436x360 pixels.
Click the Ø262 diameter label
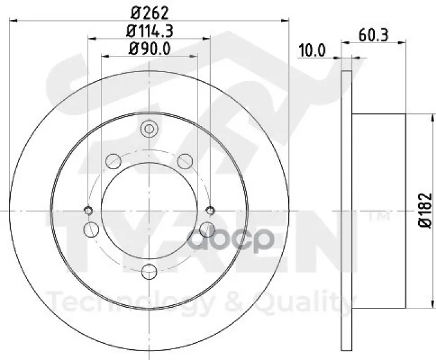[x=150, y=13]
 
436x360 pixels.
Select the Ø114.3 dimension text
[x=150, y=31]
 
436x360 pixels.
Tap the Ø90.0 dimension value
[x=150, y=49]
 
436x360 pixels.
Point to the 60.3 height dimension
[x=373, y=35]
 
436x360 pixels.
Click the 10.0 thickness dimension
[x=312, y=51]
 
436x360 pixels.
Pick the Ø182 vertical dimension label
[x=426, y=211]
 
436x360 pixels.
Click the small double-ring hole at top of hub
[x=150, y=129]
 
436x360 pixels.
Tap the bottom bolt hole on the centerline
[x=150, y=271]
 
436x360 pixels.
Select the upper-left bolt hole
[x=114, y=161]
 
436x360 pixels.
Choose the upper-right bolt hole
[x=185, y=161]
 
